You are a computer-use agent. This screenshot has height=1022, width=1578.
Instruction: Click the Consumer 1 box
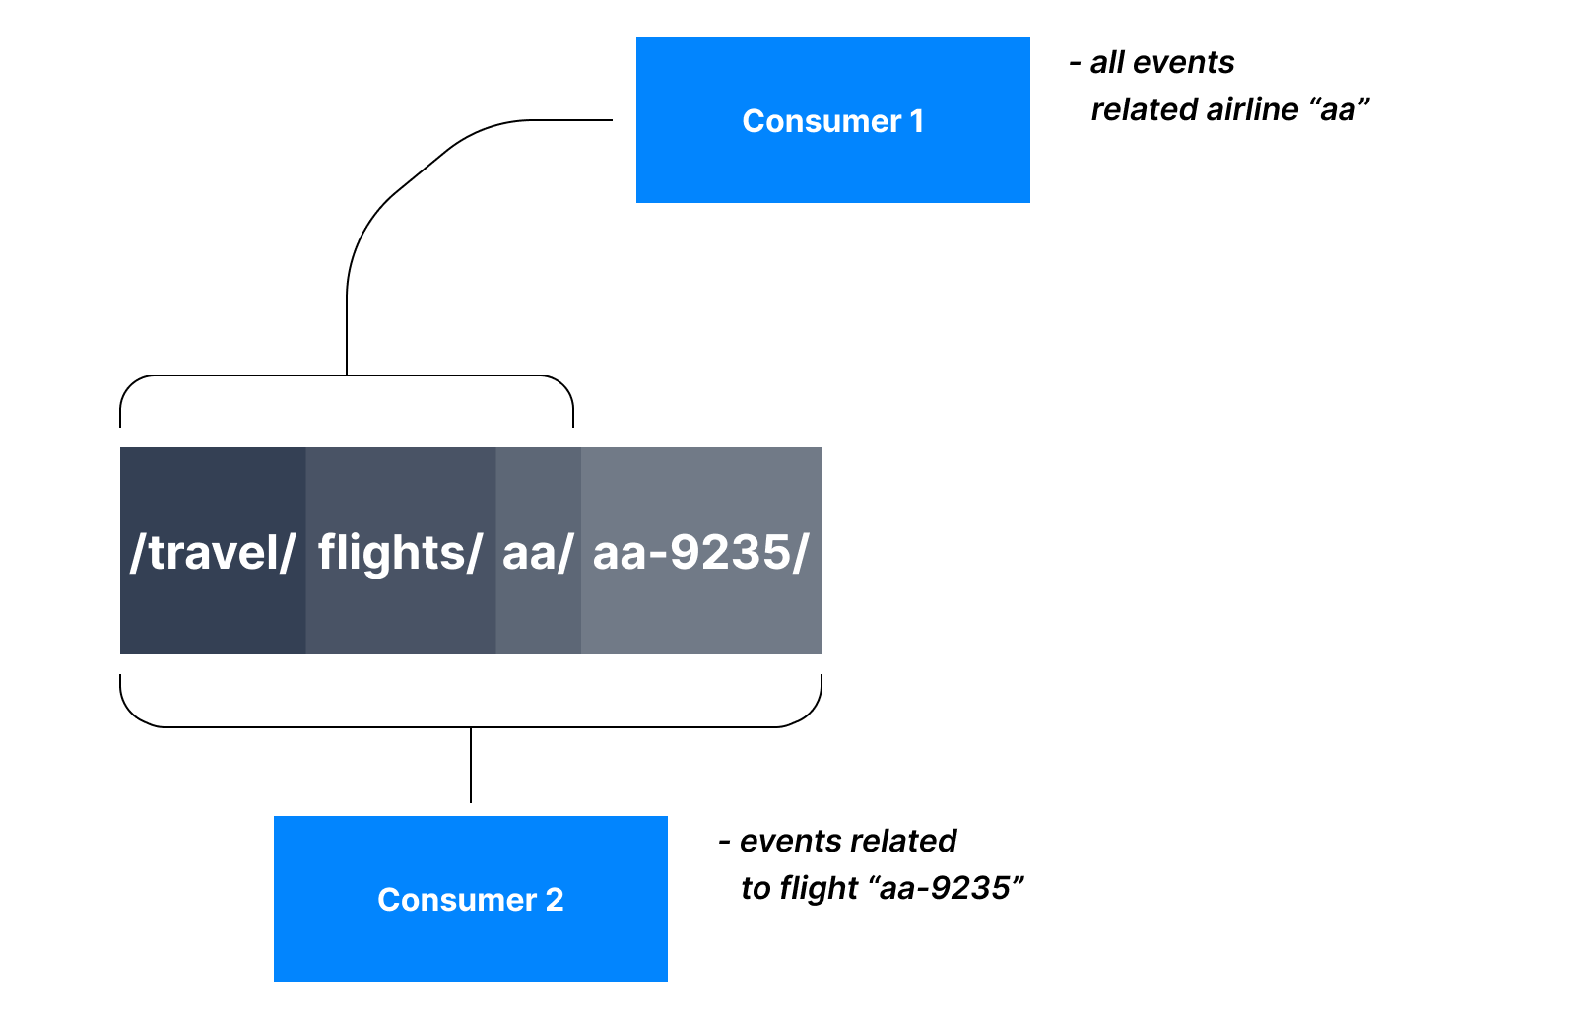pyautogui.click(x=832, y=120)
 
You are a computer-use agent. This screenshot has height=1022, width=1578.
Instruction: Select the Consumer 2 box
pyautogui.click(x=471, y=899)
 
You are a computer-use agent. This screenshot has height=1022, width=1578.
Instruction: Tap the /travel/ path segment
pyautogui.click(x=213, y=551)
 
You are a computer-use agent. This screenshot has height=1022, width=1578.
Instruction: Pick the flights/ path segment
pyautogui.click(x=401, y=551)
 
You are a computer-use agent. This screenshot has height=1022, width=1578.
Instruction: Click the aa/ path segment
pyautogui.click(x=538, y=551)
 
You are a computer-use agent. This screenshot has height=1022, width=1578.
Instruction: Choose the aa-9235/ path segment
pyautogui.click(x=701, y=551)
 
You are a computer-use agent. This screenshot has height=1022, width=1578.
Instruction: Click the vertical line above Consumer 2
pyautogui.click(x=471, y=765)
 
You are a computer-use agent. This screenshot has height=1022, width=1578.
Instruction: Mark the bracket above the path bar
pyautogui.click(x=347, y=376)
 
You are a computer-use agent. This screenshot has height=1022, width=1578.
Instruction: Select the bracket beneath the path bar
pyautogui.click(x=471, y=726)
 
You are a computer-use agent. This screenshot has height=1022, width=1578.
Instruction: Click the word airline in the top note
pyautogui.click(x=1252, y=110)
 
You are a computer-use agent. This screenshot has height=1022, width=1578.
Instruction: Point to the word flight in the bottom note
pyautogui.click(x=819, y=888)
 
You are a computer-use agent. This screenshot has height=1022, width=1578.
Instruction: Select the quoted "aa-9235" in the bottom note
pyautogui.click(x=946, y=888)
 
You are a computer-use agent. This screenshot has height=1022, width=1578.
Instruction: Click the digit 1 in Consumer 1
pyautogui.click(x=916, y=121)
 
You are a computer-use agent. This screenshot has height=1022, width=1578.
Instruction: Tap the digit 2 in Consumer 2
pyautogui.click(x=555, y=900)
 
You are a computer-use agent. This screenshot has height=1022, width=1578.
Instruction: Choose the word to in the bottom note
pyautogui.click(x=756, y=888)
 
